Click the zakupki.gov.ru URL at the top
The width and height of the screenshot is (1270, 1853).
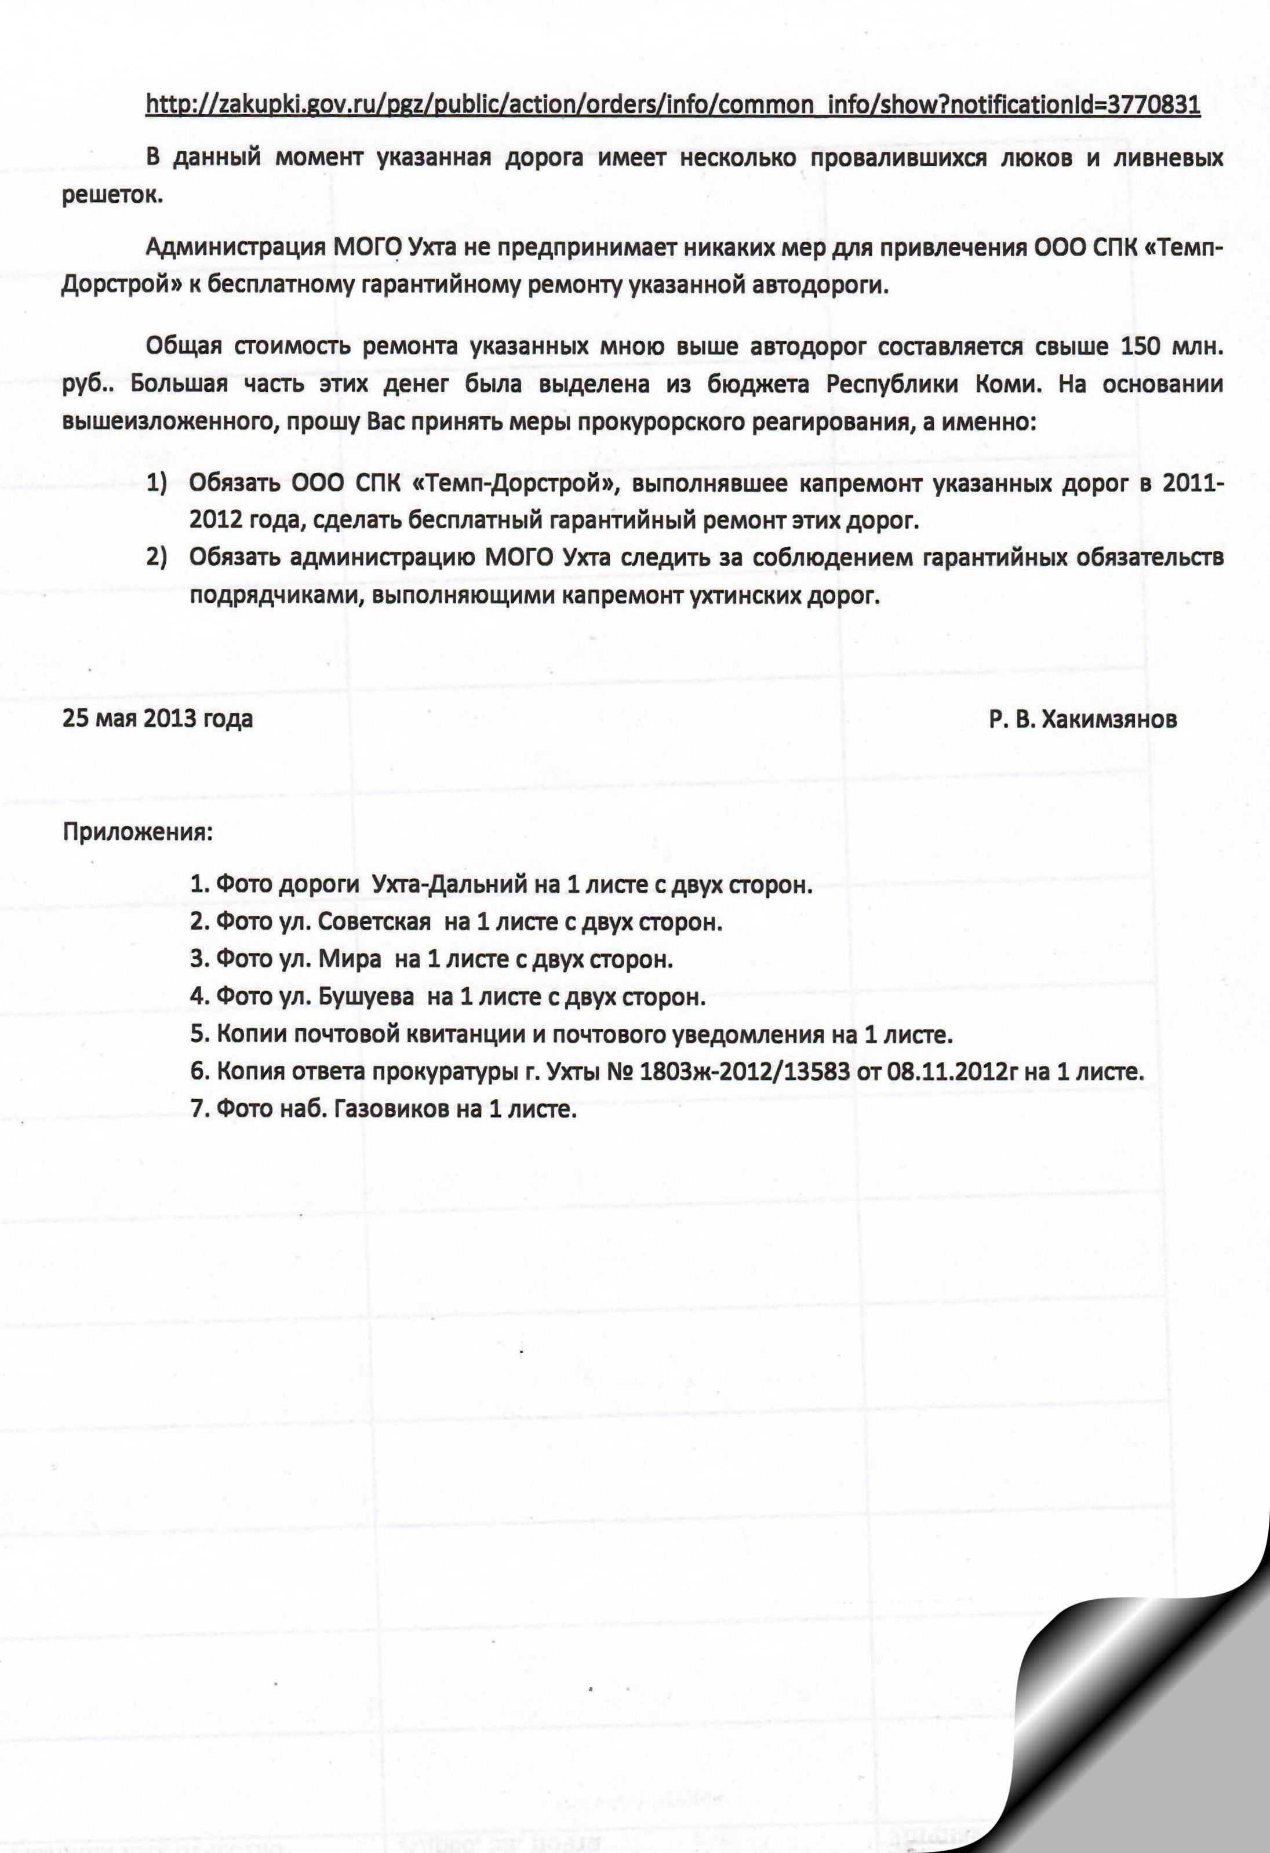pyautogui.click(x=672, y=104)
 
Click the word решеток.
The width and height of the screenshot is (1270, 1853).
pyautogui.click(x=112, y=196)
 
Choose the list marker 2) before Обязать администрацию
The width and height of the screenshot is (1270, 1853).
pyautogui.click(x=157, y=558)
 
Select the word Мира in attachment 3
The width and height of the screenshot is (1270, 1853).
pyautogui.click(x=350, y=959)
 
